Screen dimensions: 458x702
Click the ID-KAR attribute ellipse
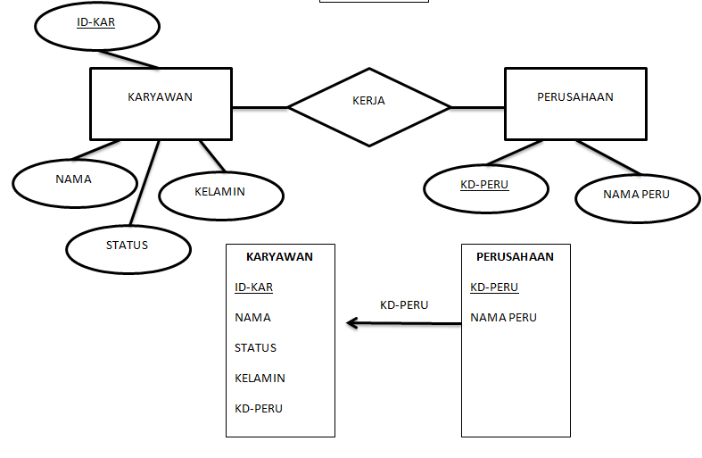pyautogui.click(x=96, y=26)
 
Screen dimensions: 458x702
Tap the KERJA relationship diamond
pyautogui.click(x=368, y=106)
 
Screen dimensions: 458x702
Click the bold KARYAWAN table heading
pyautogui.click(x=279, y=256)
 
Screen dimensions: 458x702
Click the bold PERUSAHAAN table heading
pyautogui.click(x=515, y=256)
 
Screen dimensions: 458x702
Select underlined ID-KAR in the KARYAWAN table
pyautogui.click(x=253, y=287)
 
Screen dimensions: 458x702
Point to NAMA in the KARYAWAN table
pyautogui.click(x=252, y=318)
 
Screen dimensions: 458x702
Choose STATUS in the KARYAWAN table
pyautogui.click(x=255, y=348)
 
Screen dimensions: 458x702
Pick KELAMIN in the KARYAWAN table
pyautogui.click(x=260, y=379)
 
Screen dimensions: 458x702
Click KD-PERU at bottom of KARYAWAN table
pyautogui.click(x=259, y=409)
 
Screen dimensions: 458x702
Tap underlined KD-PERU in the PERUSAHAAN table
pyautogui.click(x=494, y=287)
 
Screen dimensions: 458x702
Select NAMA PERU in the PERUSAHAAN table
pyautogui.click(x=503, y=318)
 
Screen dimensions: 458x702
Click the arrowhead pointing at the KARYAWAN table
pyautogui.click(x=352, y=323)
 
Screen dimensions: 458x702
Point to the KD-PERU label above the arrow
pyautogui.click(x=404, y=305)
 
